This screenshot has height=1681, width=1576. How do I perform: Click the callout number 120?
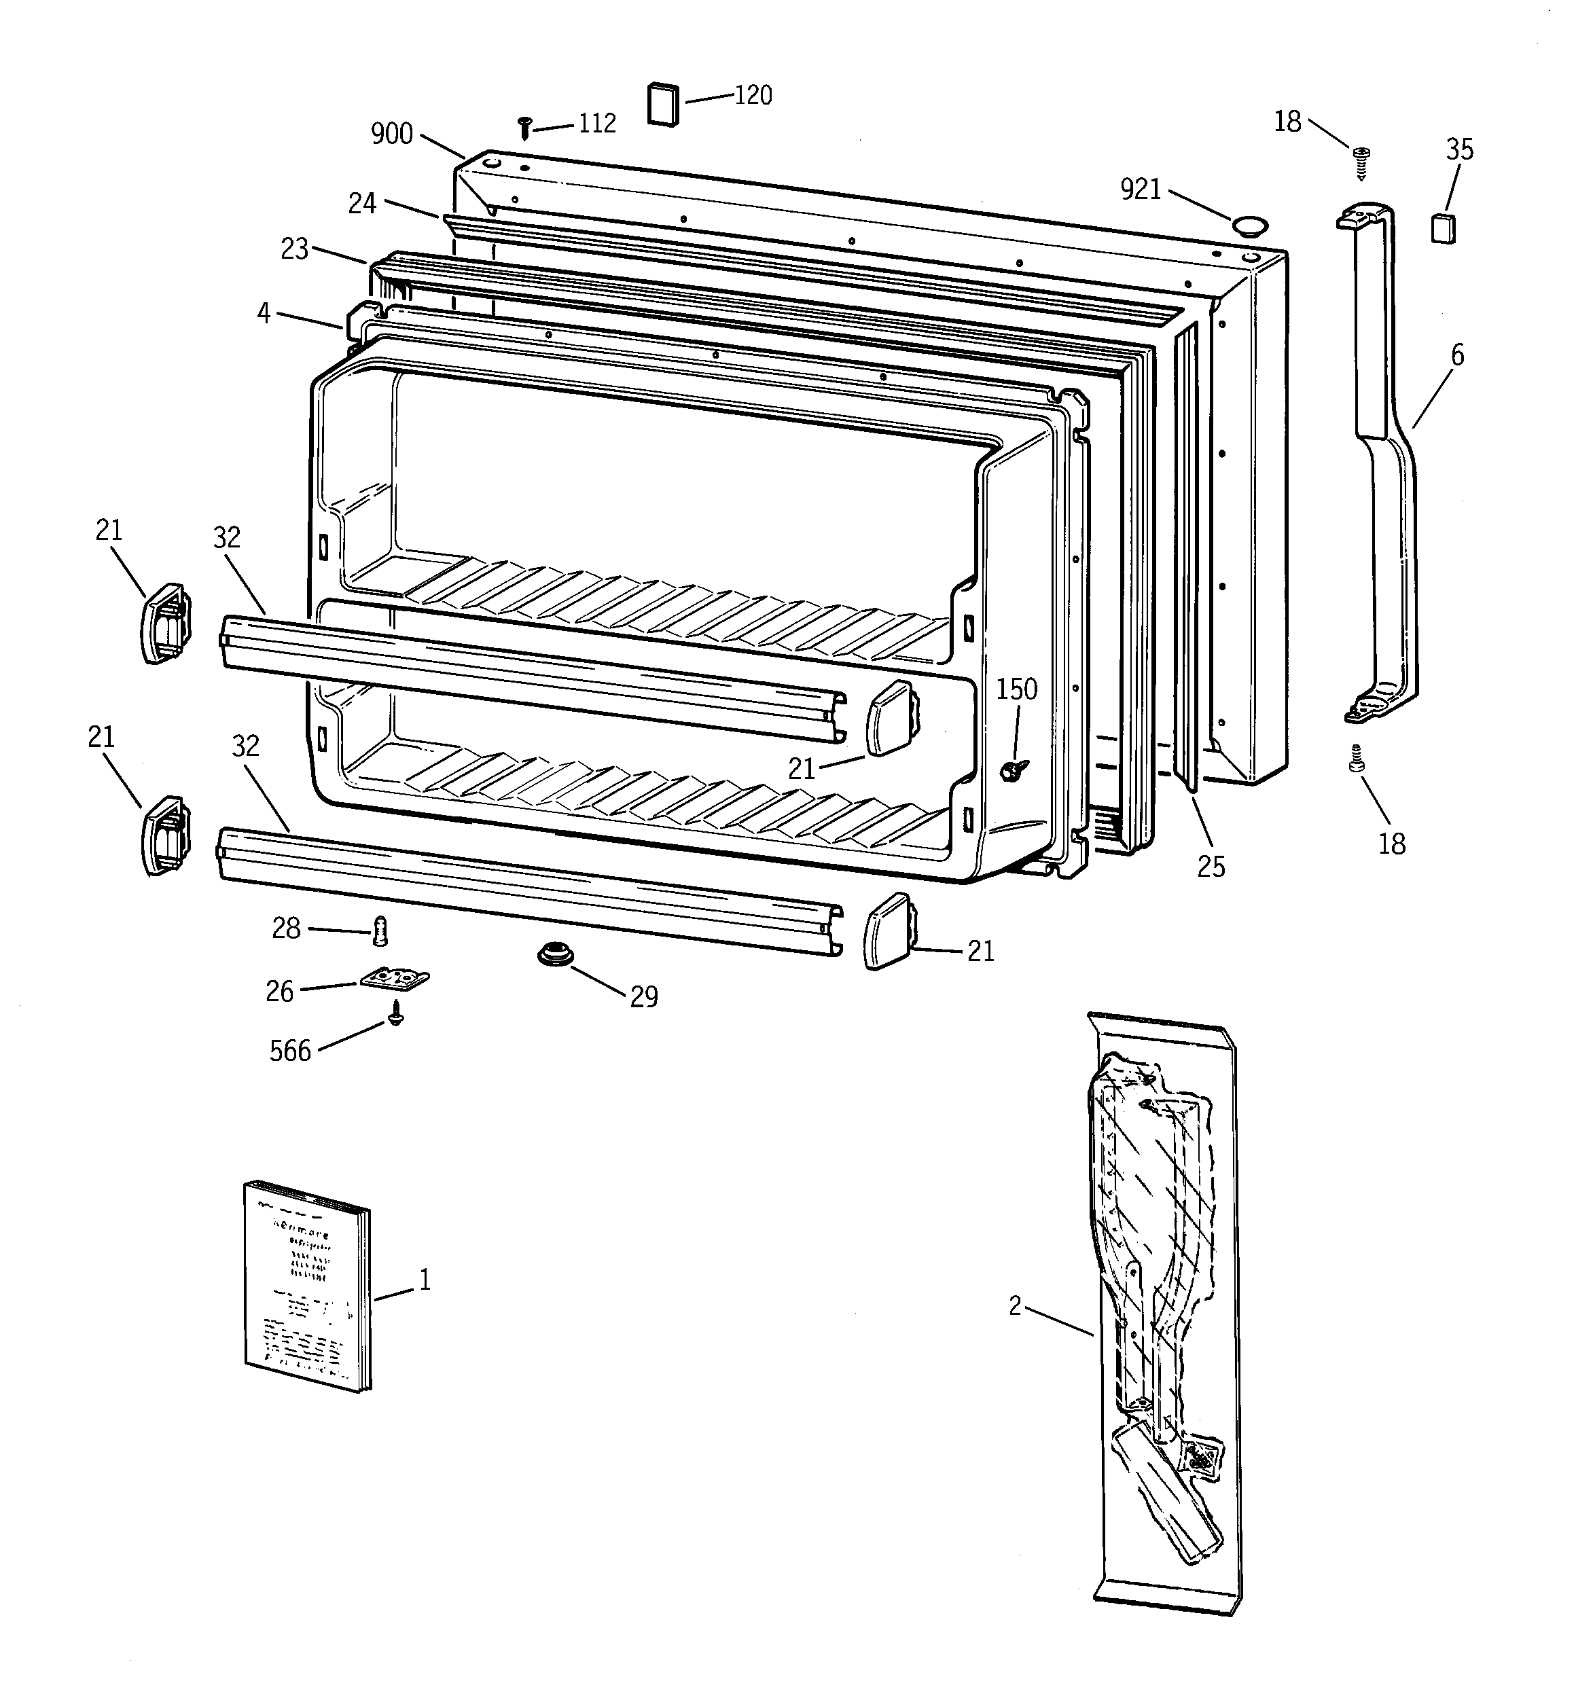(752, 96)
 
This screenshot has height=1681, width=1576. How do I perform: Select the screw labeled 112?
(524, 128)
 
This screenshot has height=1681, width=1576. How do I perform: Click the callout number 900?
(392, 134)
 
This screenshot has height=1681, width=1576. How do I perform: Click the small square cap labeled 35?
(1443, 228)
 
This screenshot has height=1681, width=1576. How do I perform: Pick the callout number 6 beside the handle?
(1456, 355)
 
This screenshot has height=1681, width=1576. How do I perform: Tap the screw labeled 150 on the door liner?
(1013, 769)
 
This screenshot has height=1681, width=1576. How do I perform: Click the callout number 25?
(1211, 867)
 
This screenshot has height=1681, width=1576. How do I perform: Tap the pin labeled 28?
(380, 933)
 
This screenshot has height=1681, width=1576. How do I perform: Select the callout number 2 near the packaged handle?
(1015, 1306)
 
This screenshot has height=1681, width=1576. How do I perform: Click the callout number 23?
(294, 249)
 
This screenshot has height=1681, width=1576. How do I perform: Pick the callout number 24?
(362, 204)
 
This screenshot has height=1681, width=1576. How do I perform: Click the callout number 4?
(264, 314)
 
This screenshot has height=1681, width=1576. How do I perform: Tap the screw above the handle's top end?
(1361, 162)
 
